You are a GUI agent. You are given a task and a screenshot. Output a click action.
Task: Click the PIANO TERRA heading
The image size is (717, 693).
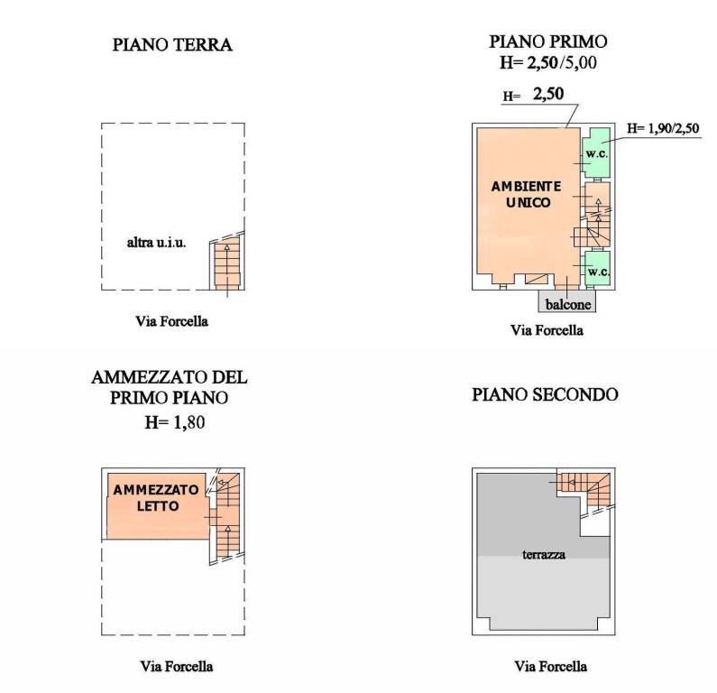(172, 45)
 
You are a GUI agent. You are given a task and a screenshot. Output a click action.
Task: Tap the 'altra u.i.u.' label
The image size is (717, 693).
(156, 243)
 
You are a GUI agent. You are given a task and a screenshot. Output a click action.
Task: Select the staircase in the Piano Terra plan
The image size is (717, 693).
(227, 264)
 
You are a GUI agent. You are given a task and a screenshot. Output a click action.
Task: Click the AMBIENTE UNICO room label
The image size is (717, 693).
(527, 194)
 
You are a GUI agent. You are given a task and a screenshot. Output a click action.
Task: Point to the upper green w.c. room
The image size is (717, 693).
(596, 152)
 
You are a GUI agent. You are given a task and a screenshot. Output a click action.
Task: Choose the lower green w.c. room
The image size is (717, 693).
(598, 268)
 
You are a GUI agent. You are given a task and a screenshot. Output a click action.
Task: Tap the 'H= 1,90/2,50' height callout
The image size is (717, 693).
(663, 128)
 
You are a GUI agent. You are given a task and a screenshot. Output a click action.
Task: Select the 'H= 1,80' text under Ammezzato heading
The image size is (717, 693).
(175, 421)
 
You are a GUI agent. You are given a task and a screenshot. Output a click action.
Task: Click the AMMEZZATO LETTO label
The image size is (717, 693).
(156, 498)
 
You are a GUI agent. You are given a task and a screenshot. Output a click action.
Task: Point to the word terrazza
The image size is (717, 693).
(544, 554)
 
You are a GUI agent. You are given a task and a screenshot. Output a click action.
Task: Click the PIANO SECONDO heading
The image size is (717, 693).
(545, 394)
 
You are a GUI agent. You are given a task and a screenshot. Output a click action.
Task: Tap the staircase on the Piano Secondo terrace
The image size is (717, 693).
(584, 488)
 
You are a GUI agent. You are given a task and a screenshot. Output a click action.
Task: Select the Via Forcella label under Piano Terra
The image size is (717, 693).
(171, 321)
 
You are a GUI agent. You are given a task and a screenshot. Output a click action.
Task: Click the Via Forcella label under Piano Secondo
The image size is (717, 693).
(550, 666)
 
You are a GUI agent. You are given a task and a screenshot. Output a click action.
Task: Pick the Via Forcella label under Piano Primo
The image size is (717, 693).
(547, 329)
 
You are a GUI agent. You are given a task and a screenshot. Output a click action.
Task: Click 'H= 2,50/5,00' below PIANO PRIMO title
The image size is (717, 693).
(548, 62)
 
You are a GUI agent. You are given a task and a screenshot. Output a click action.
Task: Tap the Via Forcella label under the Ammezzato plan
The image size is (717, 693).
(177, 666)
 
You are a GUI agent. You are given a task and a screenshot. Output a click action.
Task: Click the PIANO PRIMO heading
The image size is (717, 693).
(548, 42)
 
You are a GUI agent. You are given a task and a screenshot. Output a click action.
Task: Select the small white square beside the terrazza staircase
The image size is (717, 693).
(595, 523)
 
